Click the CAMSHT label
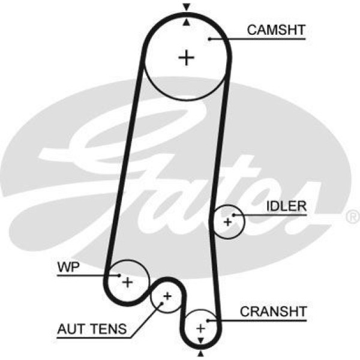pos(277,29)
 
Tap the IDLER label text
pos(286,206)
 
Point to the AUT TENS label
pos(92,329)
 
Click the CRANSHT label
pos(273,311)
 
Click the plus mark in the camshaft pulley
pos(187,58)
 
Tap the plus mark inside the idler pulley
pos(227,223)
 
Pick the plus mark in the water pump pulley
pos(127,281)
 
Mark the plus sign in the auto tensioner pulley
pos(167,296)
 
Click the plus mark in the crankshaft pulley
pos(201,328)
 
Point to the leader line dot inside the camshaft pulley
pos(210,39)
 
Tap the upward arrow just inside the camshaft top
pos(187,22)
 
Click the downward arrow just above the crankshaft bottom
pos(200,339)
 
